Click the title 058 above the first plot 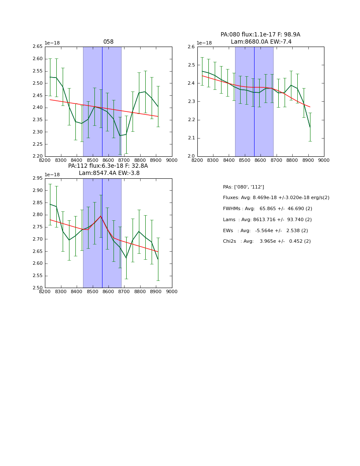[108, 42]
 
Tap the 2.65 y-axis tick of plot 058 [38, 47]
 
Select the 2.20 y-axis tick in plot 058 [38, 156]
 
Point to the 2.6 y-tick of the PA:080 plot [191, 47]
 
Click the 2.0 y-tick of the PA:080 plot [191, 156]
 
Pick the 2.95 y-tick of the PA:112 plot [38, 178]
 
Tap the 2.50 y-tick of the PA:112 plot [38, 288]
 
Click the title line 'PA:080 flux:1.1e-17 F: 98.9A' [260, 35]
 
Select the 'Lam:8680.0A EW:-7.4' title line [261, 42]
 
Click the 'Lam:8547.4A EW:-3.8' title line [109, 173]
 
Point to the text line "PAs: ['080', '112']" [244, 187]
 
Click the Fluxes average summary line [276, 198]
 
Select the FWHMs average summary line [267, 209]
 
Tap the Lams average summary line [267, 220]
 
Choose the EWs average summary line [266, 231]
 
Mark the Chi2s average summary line [267, 241]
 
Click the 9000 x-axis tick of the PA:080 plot [324, 160]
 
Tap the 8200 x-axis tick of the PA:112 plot [45, 291]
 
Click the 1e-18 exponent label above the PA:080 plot [205, 43]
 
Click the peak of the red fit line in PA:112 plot [101, 216]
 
